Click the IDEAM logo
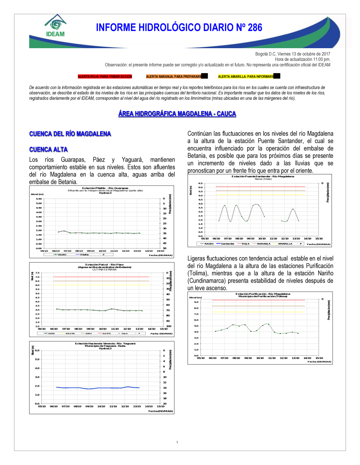[55, 26]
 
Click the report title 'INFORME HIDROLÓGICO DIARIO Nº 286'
[179, 28]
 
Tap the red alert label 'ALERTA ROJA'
[105, 77]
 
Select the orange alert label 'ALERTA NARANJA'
[174, 77]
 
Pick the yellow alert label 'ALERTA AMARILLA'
[246, 77]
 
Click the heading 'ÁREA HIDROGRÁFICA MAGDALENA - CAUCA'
[177, 114]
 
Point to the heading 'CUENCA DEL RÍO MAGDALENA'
[70, 134]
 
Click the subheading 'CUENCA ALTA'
[49, 150]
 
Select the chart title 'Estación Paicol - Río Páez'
[104, 265]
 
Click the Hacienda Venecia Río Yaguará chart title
[105, 343]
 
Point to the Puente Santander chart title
[263, 177]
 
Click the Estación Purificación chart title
[263, 294]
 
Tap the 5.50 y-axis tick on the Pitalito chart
[39, 199]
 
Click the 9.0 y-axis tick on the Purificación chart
[196, 302]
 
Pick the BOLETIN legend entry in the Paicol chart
[70, 333]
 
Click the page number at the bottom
[177, 442]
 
